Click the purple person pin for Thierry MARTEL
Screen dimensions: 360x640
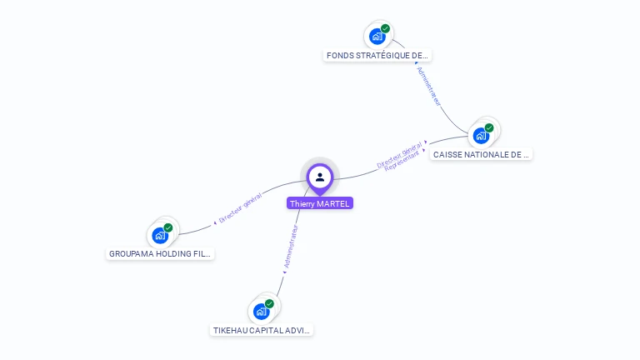(320, 177)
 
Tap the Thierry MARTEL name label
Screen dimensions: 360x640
(320, 203)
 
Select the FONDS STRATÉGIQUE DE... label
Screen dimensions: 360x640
(377, 56)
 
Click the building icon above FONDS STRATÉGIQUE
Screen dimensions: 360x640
(377, 37)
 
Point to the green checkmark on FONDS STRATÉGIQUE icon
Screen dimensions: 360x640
(385, 28)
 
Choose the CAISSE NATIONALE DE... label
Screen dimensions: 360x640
(481, 154)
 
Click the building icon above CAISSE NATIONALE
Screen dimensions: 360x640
(480, 136)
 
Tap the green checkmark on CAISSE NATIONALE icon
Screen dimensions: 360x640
(489, 127)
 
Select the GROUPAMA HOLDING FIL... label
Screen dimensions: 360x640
(160, 253)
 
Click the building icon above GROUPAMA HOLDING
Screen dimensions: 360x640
(159, 236)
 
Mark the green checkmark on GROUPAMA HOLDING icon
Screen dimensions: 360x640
(168, 227)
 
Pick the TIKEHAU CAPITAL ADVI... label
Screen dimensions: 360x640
(262, 330)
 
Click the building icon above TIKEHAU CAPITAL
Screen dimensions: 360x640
(261, 312)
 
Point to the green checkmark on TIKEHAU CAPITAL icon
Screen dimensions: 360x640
(269, 303)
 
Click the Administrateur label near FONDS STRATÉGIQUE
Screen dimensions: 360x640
(428, 87)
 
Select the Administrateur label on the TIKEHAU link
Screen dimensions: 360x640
(291, 246)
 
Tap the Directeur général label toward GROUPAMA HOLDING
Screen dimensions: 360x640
(240, 208)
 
